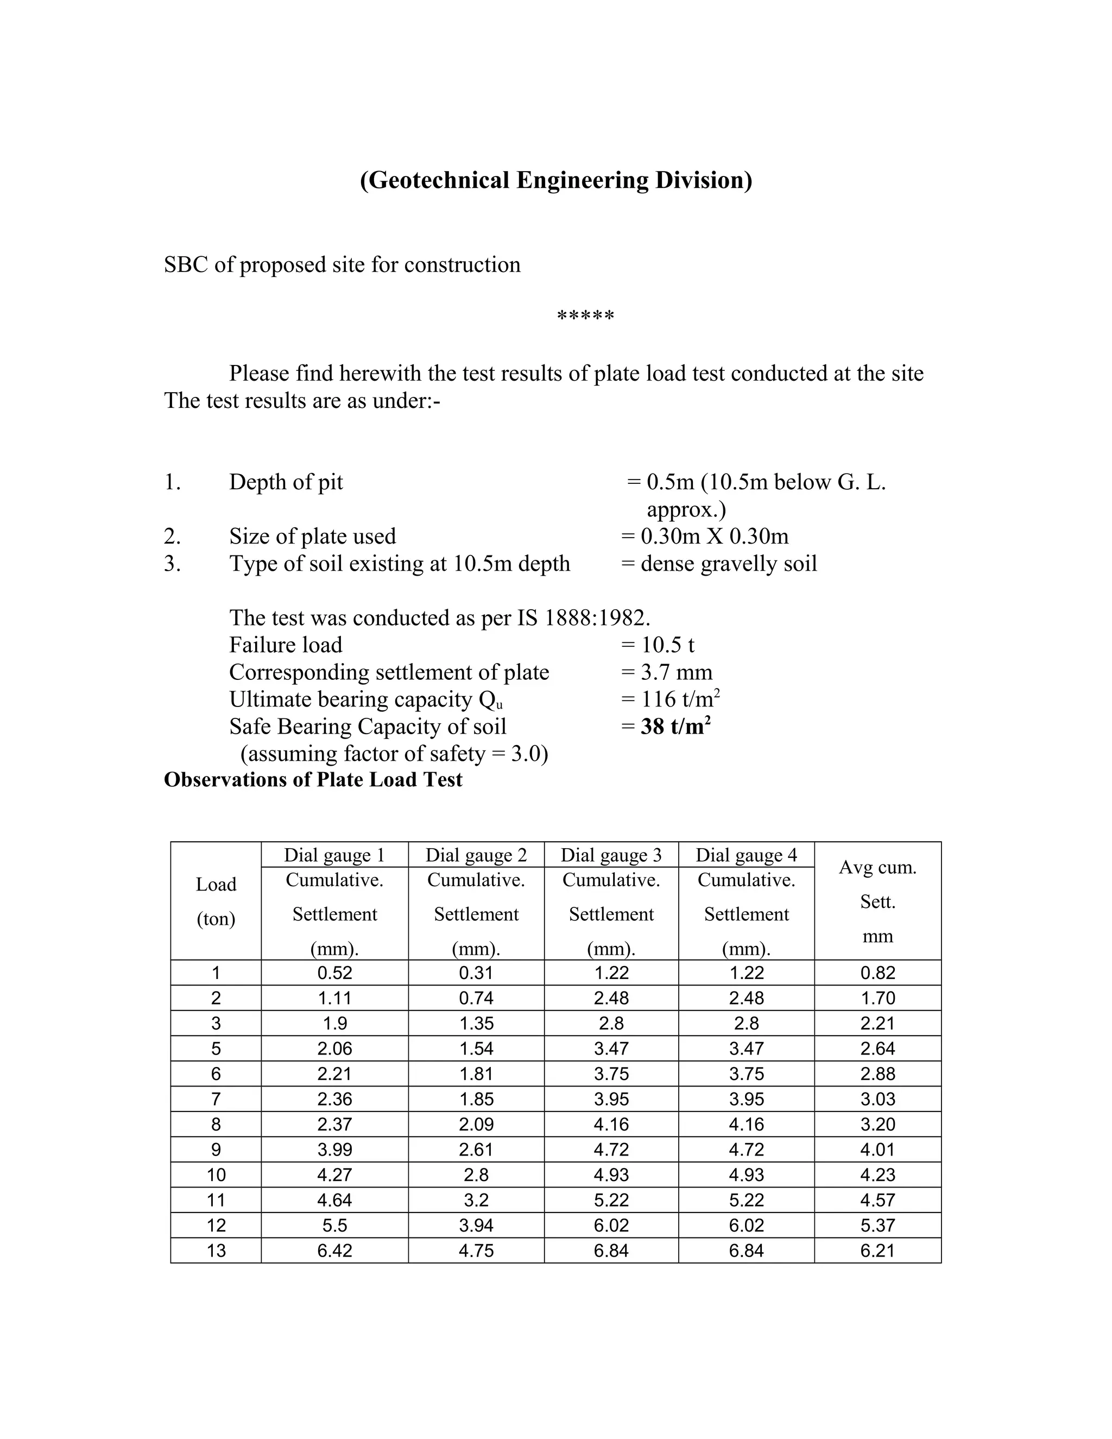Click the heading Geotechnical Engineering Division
[x=555, y=180]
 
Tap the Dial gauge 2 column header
[x=476, y=855]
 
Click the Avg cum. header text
[x=877, y=867]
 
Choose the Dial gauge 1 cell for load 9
[x=334, y=1149]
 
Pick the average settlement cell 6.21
[x=877, y=1250]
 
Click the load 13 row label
[x=216, y=1250]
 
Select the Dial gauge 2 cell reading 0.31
[x=476, y=973]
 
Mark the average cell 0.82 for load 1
[x=877, y=973]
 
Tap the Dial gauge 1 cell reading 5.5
[x=334, y=1225]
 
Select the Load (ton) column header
[x=216, y=901]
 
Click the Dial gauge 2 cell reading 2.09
[x=476, y=1124]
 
